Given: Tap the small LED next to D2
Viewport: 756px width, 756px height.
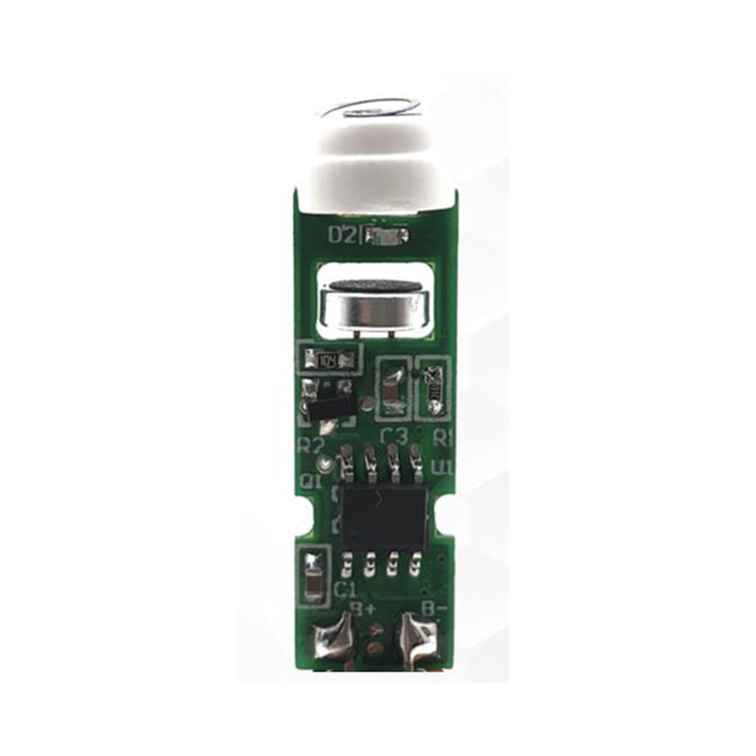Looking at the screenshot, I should [x=387, y=235].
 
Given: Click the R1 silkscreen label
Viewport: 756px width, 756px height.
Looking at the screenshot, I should [x=443, y=438].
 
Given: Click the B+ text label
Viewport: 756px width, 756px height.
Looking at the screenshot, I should [x=365, y=608].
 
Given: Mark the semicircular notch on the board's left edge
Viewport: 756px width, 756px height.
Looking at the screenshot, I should [x=305, y=518].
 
